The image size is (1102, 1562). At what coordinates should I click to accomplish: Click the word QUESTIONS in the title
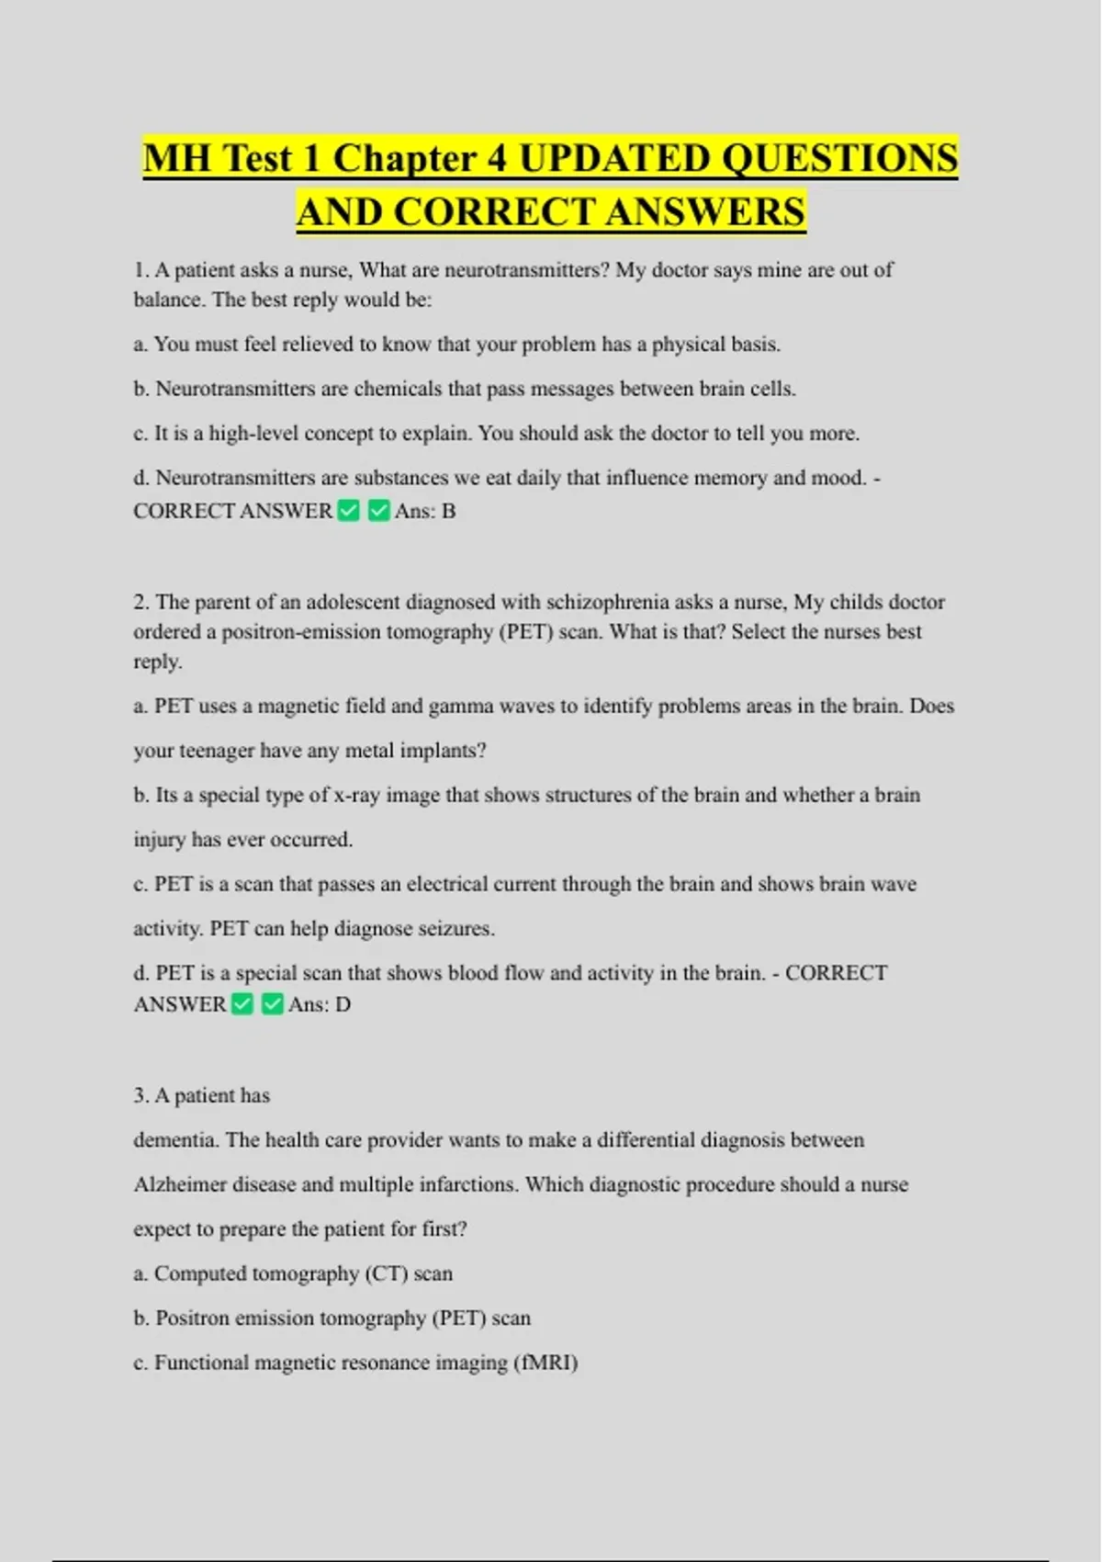(839, 158)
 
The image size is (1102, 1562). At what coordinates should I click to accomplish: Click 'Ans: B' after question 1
(425, 511)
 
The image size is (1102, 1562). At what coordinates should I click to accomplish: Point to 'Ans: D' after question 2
(320, 1004)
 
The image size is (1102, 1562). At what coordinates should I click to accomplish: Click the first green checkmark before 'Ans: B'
(349, 511)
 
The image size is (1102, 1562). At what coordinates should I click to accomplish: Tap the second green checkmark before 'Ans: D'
(272, 1004)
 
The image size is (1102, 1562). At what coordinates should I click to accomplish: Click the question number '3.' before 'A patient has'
(141, 1095)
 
